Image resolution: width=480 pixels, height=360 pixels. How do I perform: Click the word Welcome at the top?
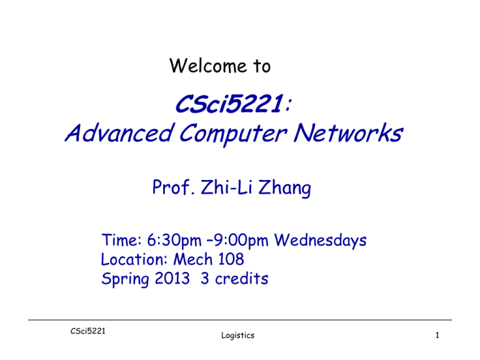pyautogui.click(x=208, y=66)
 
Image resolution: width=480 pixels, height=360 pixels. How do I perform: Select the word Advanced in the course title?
pyautogui.click(x=119, y=133)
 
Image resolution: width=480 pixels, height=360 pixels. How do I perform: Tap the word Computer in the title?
pyautogui.click(x=232, y=134)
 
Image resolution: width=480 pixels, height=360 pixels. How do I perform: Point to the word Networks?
pyautogui.click(x=347, y=133)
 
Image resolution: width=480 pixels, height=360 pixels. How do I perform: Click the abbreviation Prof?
pyautogui.click(x=173, y=187)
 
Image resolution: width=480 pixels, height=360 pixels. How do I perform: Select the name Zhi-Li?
pyautogui.click(x=227, y=187)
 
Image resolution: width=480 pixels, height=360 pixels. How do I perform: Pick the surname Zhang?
pyautogui.click(x=285, y=188)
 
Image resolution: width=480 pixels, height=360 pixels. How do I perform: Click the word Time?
pyautogui.click(x=121, y=240)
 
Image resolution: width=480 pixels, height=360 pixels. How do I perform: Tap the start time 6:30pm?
pyautogui.click(x=174, y=241)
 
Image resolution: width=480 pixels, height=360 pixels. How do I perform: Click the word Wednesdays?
pyautogui.click(x=320, y=241)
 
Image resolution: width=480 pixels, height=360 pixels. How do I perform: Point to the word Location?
pyautogui.click(x=134, y=259)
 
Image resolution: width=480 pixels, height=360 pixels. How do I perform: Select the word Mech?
pyautogui.click(x=193, y=259)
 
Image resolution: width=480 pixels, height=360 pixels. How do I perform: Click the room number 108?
pyautogui.click(x=231, y=259)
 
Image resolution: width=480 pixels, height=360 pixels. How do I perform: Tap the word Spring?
pyautogui.click(x=125, y=279)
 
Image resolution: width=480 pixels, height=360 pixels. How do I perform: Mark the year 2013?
pyautogui.click(x=172, y=278)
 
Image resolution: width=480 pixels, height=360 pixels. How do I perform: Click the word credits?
pyautogui.click(x=241, y=278)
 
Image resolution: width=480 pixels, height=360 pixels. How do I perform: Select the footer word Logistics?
pyautogui.click(x=238, y=336)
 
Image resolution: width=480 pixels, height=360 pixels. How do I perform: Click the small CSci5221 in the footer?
pyautogui.click(x=88, y=331)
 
